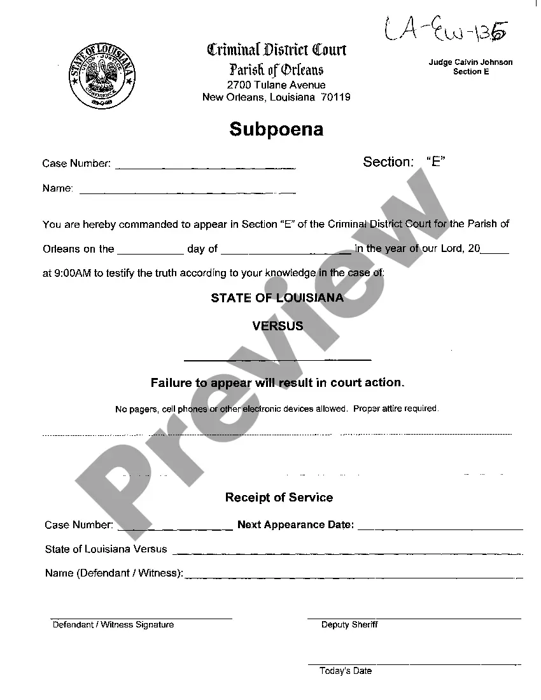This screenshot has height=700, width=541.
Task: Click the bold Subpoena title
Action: coord(276,130)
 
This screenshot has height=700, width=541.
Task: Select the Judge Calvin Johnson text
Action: coord(470,62)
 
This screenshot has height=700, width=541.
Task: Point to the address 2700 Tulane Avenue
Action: coord(276,85)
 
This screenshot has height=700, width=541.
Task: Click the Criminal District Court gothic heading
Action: coord(276,50)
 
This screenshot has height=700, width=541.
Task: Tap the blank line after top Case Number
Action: coord(205,167)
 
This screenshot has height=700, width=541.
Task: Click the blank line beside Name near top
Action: coord(187,192)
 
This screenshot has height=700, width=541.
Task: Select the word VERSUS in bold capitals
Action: coord(278,326)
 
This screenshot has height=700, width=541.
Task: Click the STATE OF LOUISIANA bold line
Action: coord(278,298)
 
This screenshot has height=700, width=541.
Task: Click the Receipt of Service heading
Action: coord(279,498)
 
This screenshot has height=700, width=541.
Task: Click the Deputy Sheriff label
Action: coord(349,625)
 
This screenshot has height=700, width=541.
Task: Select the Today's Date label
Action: coord(346,671)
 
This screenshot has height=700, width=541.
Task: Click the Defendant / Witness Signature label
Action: coord(113,625)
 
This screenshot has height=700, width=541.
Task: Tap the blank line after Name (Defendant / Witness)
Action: coord(353,577)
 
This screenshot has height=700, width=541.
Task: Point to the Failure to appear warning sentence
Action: coord(278,383)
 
